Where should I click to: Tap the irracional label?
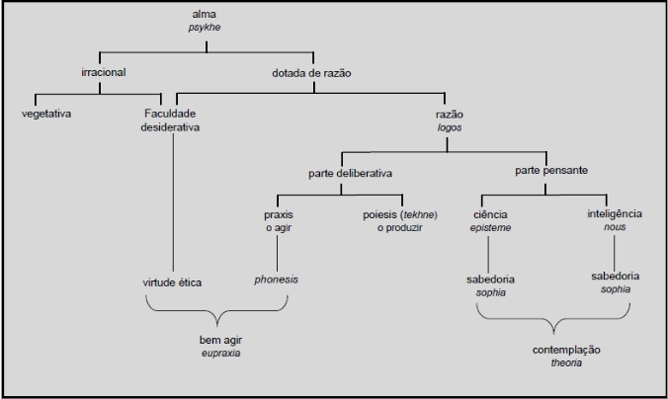(103, 72)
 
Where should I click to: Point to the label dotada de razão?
(311, 72)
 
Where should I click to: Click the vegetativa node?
(46, 114)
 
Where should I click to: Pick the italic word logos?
(448, 128)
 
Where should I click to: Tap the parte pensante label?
(551, 171)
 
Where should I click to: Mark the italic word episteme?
(490, 227)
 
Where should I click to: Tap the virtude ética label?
(172, 283)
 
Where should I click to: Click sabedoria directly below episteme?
(491, 279)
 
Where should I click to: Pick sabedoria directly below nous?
(616, 277)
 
